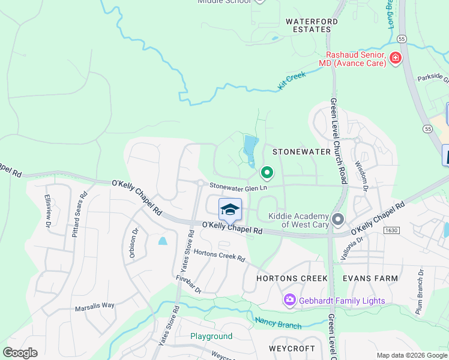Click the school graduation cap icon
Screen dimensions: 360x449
230,209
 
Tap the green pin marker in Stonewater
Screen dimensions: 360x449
267,173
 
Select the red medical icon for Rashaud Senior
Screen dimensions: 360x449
395,58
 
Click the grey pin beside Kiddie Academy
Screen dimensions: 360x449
338,220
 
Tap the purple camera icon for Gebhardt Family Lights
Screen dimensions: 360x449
290,299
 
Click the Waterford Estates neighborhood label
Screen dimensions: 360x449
309,25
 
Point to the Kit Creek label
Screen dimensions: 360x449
292,80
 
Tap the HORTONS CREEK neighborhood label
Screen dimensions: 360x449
292,278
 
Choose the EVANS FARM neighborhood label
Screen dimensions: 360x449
370,278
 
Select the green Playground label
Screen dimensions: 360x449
211,337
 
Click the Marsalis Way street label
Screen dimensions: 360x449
94,305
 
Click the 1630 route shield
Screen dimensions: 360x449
391,230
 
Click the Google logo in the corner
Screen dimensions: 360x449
20,353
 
